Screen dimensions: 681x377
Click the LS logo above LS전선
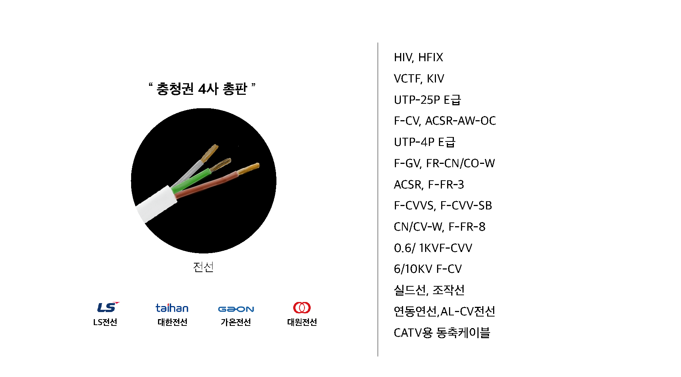[x=108, y=307]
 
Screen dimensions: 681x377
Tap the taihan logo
[x=172, y=308]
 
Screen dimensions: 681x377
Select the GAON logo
[x=236, y=309]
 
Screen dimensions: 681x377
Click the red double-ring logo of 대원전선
[x=302, y=308]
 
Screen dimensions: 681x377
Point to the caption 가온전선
[x=236, y=322]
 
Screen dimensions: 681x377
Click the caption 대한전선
[x=172, y=322]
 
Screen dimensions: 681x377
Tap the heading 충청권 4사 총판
[x=202, y=89]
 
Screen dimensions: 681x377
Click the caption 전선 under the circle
[x=203, y=267]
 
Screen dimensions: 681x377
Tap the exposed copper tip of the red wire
[x=248, y=169]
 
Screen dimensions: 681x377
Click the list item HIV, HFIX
[x=418, y=57]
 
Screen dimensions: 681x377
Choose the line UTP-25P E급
[x=427, y=100]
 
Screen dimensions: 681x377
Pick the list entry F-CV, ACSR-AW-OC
[x=445, y=121]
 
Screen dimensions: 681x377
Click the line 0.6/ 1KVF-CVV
[x=433, y=248]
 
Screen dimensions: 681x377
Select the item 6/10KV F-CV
[x=428, y=269]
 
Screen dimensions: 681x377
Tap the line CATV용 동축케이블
[x=442, y=333]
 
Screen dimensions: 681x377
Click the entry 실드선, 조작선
[x=429, y=290]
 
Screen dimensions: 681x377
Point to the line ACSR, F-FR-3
[x=429, y=184]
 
